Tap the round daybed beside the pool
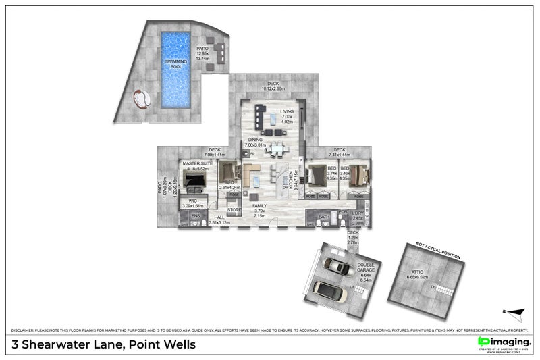pyautogui.click(x=142, y=99)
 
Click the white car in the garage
pyautogui.click(x=326, y=291)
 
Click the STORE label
pyautogui.click(x=234, y=210)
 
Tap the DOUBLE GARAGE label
pyautogui.click(x=367, y=269)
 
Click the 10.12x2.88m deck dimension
pyautogui.click(x=273, y=88)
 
